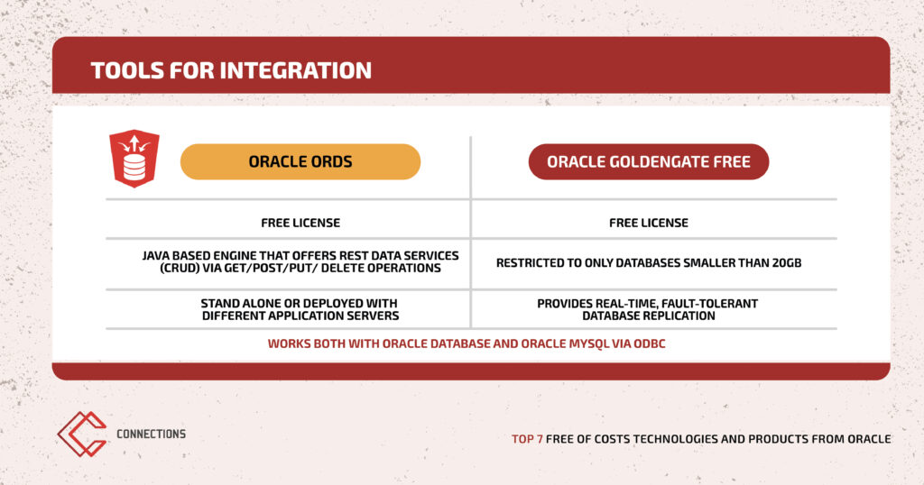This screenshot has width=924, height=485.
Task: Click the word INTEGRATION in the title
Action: pos(296,70)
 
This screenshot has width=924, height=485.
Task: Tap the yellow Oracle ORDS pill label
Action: pos(300,162)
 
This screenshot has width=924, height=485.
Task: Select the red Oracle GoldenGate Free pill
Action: pos(649,162)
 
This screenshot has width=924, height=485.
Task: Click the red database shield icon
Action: pos(134,159)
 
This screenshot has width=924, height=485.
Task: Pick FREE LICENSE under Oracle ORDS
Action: pos(300,223)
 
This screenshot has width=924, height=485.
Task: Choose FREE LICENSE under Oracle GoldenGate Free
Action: pos(649,223)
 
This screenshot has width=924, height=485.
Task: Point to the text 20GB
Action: pos(786,263)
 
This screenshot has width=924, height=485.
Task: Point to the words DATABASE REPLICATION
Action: pos(649,316)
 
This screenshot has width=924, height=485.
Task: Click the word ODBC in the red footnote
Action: pos(650,343)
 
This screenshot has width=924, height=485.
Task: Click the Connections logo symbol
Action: pos(82,434)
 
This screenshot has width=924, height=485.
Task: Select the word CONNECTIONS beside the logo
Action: pos(151,434)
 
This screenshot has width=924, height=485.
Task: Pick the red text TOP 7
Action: pos(527,439)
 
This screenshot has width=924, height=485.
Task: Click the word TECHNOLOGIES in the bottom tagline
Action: pos(675,439)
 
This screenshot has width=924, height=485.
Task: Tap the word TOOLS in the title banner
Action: pos(127,70)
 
